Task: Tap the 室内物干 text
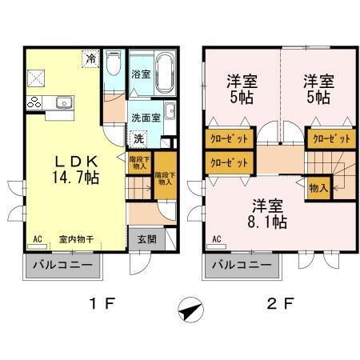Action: coord(77,239)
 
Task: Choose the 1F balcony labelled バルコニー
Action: coord(63,265)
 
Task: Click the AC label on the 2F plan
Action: coord(216,239)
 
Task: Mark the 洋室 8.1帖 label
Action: coord(267,214)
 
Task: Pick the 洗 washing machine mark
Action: coord(138,138)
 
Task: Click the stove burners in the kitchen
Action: coord(34,102)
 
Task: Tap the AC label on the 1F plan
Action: coord(37,239)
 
